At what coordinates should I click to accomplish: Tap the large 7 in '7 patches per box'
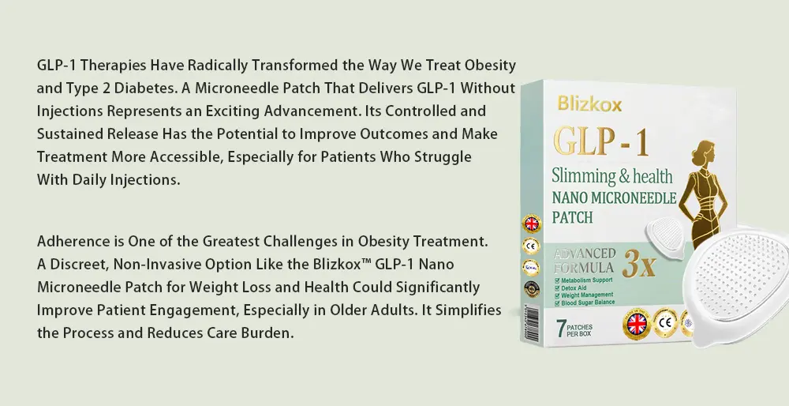pyautogui.click(x=561, y=327)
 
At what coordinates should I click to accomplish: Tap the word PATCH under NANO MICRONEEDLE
pyautogui.click(x=572, y=216)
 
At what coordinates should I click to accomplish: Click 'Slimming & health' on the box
pyautogui.click(x=611, y=175)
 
